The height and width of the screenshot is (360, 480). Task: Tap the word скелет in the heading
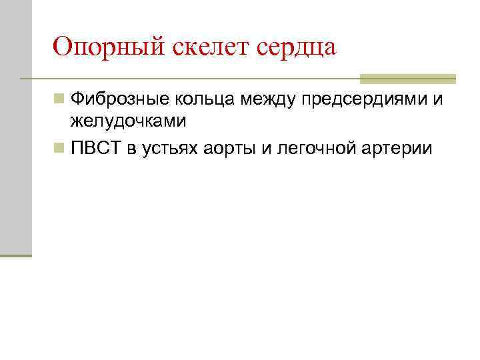tap(202, 47)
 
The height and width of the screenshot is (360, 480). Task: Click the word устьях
tap(165, 148)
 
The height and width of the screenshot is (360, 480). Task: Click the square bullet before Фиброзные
tap(60, 100)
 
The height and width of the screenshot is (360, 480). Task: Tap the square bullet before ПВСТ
tap(60, 147)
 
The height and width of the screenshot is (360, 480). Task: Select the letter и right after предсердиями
tap(438, 101)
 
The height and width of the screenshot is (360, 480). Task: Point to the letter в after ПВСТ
tap(130, 148)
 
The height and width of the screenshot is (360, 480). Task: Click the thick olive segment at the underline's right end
tap(408, 79)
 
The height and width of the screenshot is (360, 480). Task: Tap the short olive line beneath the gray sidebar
tap(16, 255)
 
